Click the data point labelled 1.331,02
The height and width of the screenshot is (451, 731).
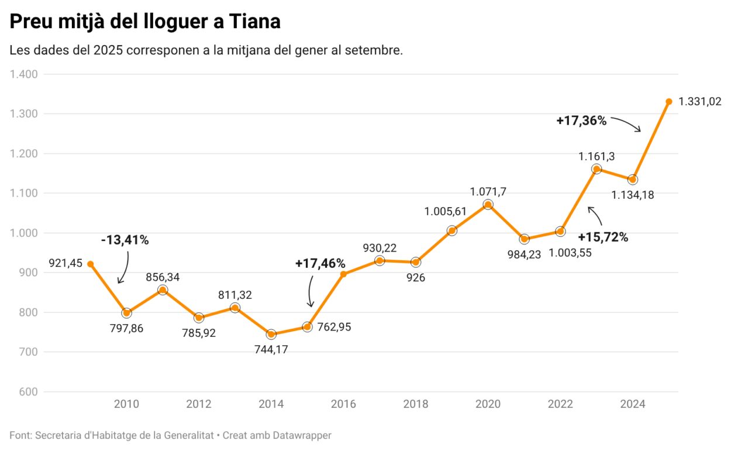point(668,101)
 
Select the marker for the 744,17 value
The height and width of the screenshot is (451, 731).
point(271,334)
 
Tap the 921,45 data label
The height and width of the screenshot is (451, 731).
point(65,264)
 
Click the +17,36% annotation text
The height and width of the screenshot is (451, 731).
point(581,121)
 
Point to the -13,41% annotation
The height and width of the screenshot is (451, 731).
point(125,240)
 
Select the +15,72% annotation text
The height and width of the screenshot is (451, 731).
point(603,237)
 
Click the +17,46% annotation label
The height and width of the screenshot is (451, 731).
point(320,264)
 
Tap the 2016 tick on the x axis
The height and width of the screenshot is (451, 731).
point(343,404)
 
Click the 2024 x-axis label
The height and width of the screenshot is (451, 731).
point(632,404)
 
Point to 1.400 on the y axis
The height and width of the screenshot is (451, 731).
point(24,74)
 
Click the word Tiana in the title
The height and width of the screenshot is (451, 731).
point(254,22)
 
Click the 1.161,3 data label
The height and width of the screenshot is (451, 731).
point(596,156)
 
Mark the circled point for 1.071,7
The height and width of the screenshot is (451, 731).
point(488,204)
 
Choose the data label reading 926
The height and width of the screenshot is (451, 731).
point(416,278)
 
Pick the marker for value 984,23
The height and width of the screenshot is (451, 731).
point(524,239)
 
